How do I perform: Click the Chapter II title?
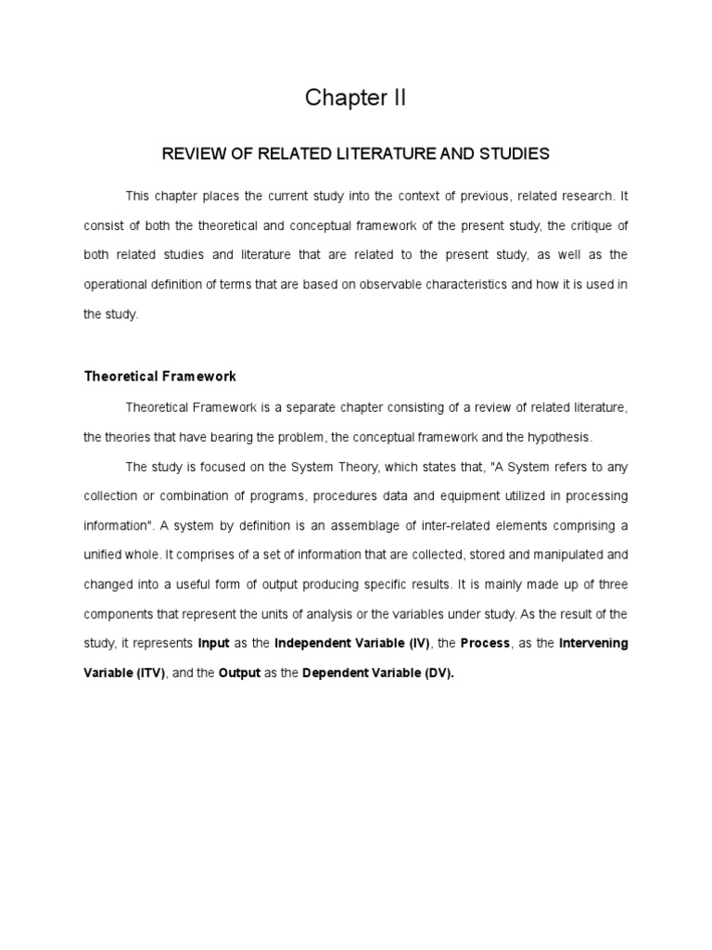click(x=356, y=99)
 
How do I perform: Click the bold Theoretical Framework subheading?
click(x=159, y=377)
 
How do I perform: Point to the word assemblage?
click(x=368, y=526)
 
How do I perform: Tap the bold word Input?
click(x=214, y=643)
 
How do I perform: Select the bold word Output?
click(x=239, y=674)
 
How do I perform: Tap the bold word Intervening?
click(x=593, y=643)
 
